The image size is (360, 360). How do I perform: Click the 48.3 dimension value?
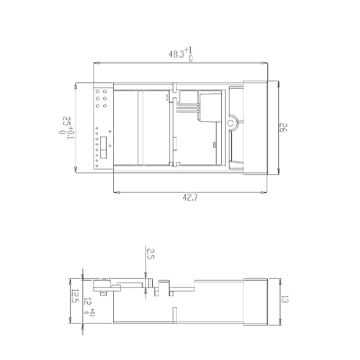pos(176,54)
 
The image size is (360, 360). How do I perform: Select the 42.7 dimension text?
pos(190,197)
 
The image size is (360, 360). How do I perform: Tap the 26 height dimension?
pos(283,127)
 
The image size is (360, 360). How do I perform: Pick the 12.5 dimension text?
pos(75,296)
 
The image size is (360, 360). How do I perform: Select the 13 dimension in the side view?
pos(285,299)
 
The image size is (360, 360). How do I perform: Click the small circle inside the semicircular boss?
pos(229,123)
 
